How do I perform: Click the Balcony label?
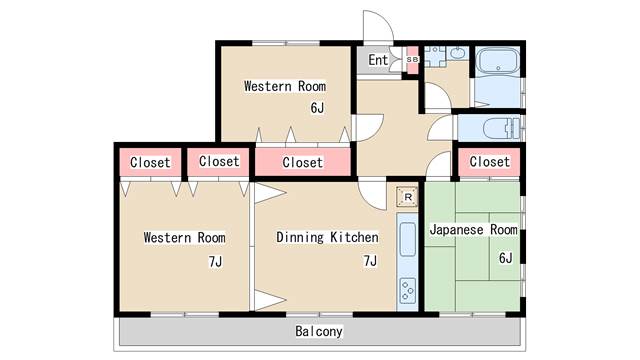(319, 331)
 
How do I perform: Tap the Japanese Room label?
(473, 230)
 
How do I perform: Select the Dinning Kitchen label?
(327, 237)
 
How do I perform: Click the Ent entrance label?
(378, 60)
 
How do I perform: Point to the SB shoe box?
(413, 60)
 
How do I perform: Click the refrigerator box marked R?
(407, 197)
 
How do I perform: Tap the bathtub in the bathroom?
(498, 62)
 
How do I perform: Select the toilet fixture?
(502, 129)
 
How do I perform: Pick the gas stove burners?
(408, 291)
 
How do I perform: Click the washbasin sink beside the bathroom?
(460, 53)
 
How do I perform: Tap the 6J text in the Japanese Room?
(506, 258)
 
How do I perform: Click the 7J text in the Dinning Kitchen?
(370, 260)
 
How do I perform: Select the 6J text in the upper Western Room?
(317, 108)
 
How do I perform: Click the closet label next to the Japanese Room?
(489, 162)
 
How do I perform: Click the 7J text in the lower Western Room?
(215, 261)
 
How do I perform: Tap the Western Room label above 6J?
(285, 86)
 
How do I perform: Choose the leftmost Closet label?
(150, 162)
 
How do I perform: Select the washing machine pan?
(435, 56)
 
